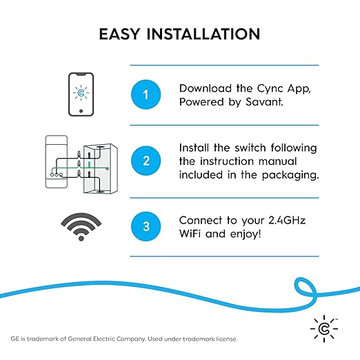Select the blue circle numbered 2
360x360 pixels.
point(145,161)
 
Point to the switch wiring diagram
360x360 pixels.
point(81,163)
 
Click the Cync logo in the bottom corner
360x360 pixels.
point(325,328)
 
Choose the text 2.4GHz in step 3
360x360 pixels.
point(288,220)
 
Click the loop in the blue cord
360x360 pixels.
point(305,288)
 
